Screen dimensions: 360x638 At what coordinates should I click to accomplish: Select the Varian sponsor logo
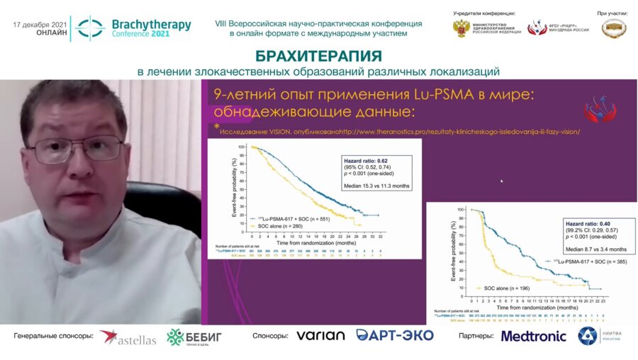[x=321, y=336]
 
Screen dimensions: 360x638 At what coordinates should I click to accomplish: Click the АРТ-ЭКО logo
[x=395, y=336]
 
